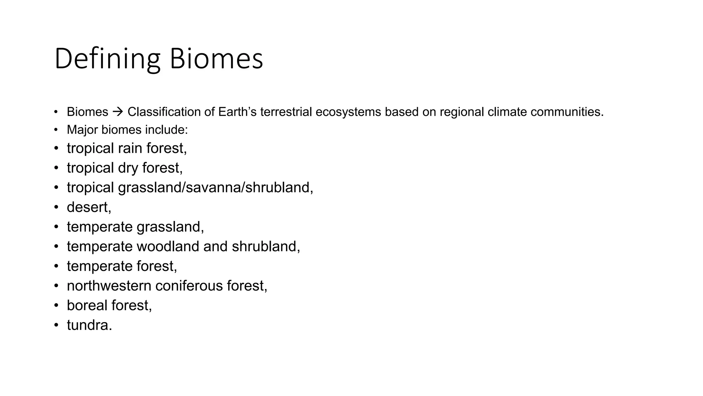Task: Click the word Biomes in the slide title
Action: click(x=216, y=59)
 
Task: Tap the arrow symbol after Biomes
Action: click(x=118, y=112)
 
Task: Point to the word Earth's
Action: click(x=237, y=112)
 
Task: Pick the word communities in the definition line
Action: click(x=567, y=112)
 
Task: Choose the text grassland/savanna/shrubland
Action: click(x=215, y=187)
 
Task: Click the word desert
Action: click(x=88, y=207)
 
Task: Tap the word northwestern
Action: click(x=109, y=286)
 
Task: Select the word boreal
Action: click(x=87, y=305)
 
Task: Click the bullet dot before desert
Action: click(x=56, y=207)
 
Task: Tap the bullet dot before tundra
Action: click(x=56, y=325)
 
